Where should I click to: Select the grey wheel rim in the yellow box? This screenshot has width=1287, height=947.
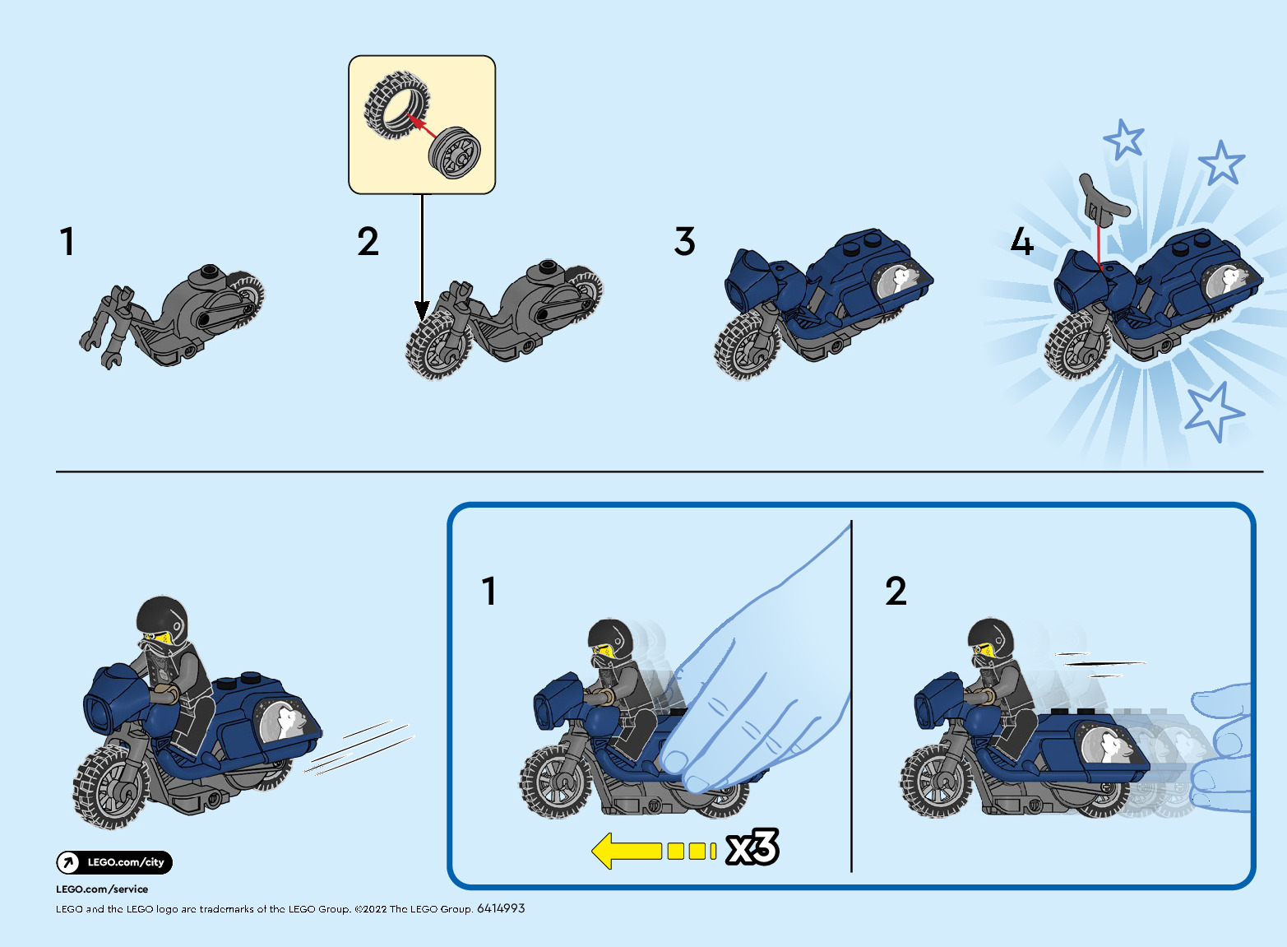click(454, 152)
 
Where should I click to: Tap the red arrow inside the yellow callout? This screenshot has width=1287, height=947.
click(420, 126)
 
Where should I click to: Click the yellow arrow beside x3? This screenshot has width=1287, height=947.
click(654, 851)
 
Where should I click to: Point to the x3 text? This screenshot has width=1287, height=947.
click(752, 847)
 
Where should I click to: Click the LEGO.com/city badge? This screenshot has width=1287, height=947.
click(114, 862)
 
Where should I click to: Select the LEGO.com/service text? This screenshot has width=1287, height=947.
click(102, 889)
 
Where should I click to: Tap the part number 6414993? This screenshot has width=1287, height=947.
click(501, 908)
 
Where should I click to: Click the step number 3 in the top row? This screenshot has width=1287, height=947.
click(684, 241)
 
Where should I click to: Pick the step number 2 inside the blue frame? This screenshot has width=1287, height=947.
click(896, 591)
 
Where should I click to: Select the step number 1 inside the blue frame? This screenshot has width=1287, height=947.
click(489, 591)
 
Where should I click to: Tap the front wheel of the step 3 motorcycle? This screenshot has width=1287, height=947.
click(746, 346)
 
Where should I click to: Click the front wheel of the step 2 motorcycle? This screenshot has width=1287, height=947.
click(437, 346)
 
